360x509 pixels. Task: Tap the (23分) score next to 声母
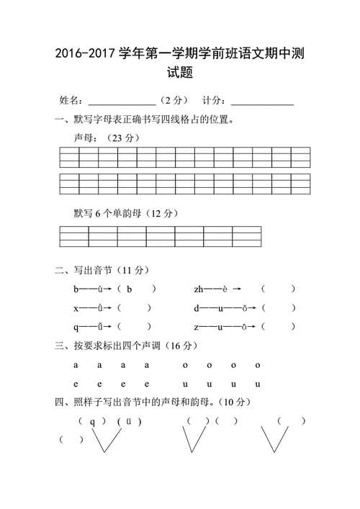tap(121, 138)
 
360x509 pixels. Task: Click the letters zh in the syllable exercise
tap(199, 289)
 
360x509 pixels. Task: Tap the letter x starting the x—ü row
tap(76, 308)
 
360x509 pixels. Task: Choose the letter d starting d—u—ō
tap(196, 308)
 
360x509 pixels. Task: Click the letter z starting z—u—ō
tap(196, 327)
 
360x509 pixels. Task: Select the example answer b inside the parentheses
tap(129, 289)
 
